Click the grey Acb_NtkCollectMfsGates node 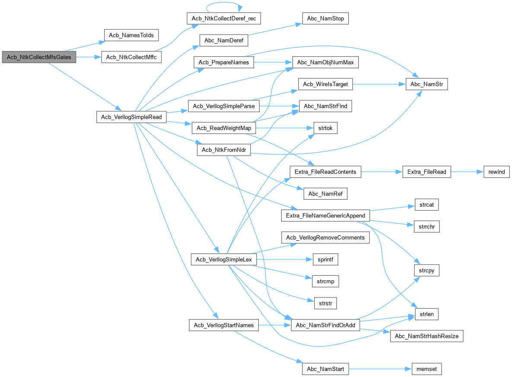[39, 57]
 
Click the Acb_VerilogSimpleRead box [131, 117]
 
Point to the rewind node [496, 172]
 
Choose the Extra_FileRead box [426, 172]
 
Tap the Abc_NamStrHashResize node [427, 336]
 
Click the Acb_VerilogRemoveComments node [325, 237]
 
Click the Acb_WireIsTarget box [325, 84]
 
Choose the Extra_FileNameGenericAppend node [325, 215]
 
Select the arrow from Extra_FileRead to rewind [464, 172]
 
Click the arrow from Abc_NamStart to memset [376, 369]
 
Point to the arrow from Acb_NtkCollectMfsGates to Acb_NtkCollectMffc [89, 57]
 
